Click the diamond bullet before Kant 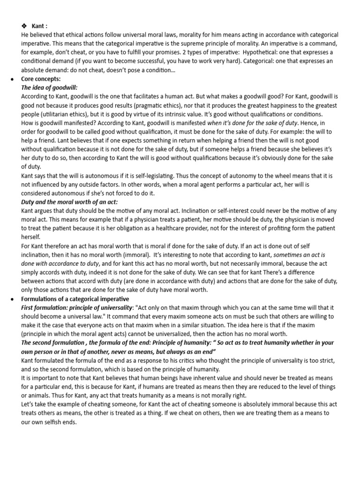tap(25, 26)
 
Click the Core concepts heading tap(41, 79)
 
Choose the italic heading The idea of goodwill tap(49, 88)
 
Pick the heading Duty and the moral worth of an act tap(69, 202)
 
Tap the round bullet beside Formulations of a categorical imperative tap(12, 299)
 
